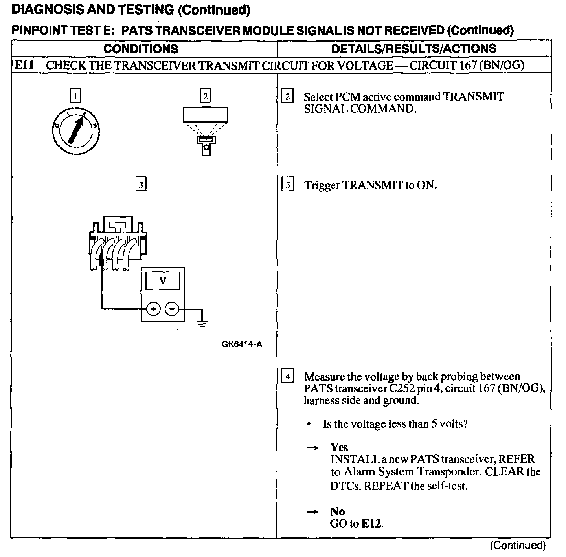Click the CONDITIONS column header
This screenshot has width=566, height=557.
(x=141, y=49)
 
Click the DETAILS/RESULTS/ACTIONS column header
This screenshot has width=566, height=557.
(x=413, y=49)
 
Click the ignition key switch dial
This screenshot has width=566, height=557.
(x=75, y=130)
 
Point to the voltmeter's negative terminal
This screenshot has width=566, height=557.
(x=172, y=310)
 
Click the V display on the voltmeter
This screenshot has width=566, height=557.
(x=162, y=280)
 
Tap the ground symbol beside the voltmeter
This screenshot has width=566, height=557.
(x=202, y=323)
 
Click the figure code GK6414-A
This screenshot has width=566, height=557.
(x=242, y=344)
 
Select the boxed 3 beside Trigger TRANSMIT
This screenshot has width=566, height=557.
(x=288, y=185)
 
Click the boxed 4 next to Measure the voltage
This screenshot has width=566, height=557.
(x=288, y=377)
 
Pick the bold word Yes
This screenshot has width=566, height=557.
(x=339, y=447)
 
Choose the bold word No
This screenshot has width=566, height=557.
(x=337, y=511)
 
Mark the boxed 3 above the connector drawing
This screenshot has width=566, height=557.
(x=141, y=184)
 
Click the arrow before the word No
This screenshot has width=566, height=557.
(x=312, y=512)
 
